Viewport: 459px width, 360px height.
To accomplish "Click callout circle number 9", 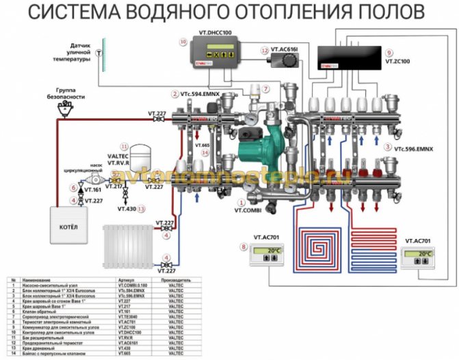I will tap(389, 51).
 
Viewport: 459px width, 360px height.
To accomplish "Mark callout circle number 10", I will tap(183, 42).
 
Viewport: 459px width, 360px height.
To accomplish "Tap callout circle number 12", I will tap(264, 50).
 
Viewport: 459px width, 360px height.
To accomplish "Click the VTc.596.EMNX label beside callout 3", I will tap(413, 147).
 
